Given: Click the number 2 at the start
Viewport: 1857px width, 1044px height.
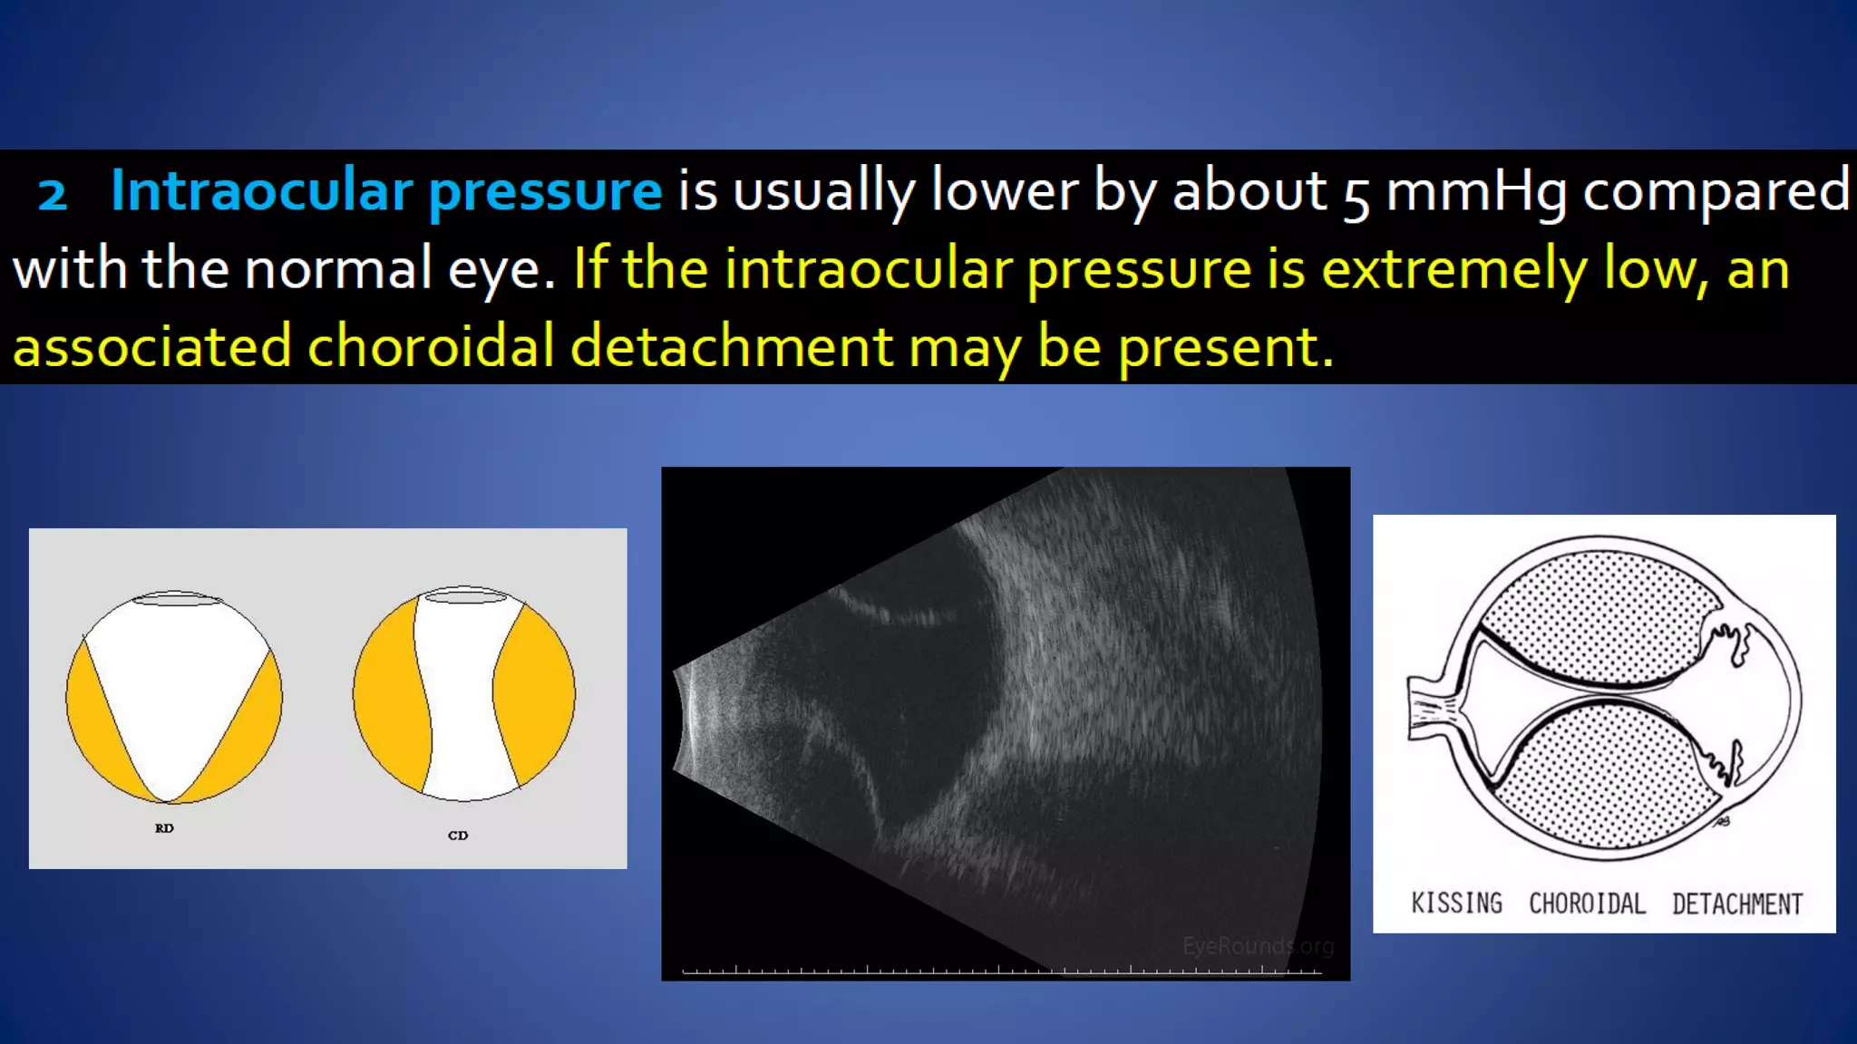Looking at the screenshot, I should [53, 194].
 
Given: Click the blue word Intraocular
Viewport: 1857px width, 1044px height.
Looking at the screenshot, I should [261, 192].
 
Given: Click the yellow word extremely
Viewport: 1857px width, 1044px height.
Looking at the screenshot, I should [1454, 270].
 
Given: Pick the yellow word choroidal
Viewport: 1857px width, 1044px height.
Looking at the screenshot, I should [431, 347].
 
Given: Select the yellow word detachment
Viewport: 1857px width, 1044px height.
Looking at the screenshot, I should [731, 347].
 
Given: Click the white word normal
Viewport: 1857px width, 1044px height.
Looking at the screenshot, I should [337, 270].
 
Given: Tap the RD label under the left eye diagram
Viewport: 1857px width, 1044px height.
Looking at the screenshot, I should [164, 828].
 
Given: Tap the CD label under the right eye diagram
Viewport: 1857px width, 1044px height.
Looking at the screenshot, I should [458, 836].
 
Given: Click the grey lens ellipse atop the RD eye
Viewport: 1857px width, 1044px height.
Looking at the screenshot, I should [177, 599].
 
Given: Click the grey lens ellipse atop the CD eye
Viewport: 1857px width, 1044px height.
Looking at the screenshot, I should [465, 595].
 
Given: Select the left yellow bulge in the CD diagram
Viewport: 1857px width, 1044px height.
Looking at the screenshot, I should [388, 696].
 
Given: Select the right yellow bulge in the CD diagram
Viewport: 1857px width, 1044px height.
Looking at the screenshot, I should [535, 696].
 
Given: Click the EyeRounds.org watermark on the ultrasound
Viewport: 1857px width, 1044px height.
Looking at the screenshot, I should [1258, 946].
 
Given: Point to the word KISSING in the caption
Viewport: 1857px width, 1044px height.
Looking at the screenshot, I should [1456, 904].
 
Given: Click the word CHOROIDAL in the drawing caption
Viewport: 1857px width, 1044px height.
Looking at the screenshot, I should [1587, 904].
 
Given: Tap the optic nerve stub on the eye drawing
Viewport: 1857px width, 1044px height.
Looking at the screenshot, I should [1430, 707].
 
